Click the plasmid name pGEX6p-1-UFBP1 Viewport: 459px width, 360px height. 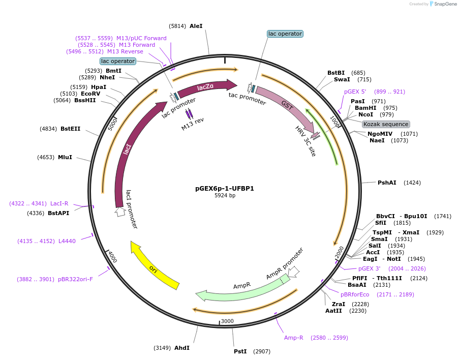225,188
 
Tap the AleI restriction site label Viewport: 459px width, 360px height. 196,25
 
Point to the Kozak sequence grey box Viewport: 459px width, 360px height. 386,124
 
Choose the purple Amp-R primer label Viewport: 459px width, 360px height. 294,338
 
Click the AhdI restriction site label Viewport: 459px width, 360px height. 181,348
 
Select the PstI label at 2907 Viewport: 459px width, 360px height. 240,351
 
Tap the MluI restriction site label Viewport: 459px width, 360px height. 65,157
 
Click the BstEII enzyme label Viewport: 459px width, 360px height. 70,129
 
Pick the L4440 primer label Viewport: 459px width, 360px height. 67,241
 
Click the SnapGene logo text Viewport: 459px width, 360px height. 445,4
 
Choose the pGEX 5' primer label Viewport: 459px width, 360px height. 355,92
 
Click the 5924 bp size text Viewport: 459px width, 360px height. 225,195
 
